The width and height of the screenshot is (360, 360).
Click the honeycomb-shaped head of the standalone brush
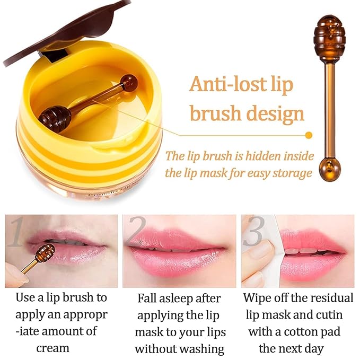[x=331, y=33]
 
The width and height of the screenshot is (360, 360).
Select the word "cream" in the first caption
[x=52, y=348]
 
